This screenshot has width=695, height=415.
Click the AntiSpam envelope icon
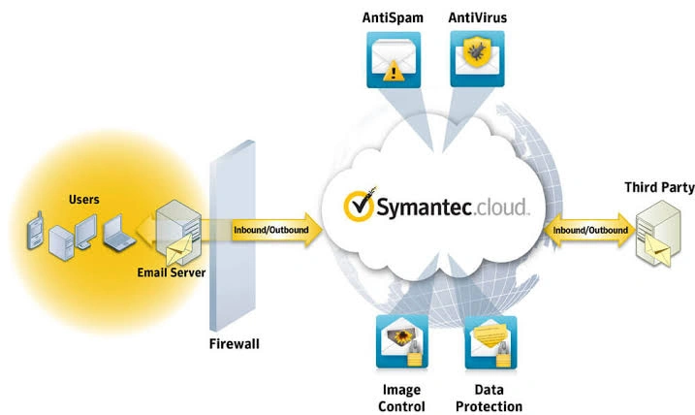[394, 59]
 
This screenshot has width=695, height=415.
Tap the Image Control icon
[402, 342]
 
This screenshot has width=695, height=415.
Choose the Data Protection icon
[490, 342]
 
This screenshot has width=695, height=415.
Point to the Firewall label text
[234, 343]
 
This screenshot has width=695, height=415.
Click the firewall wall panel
[233, 236]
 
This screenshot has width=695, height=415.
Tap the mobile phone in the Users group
[35, 230]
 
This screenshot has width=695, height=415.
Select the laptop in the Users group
[118, 234]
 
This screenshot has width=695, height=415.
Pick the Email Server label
[172, 272]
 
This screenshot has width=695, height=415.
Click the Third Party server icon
[658, 234]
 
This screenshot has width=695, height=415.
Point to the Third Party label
[659, 187]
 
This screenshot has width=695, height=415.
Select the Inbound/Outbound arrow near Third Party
[590, 230]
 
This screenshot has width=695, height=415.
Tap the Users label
[83, 200]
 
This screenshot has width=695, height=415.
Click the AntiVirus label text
[477, 17]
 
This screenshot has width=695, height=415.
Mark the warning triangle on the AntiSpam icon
[394, 72]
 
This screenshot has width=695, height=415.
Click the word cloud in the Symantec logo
[501, 207]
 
